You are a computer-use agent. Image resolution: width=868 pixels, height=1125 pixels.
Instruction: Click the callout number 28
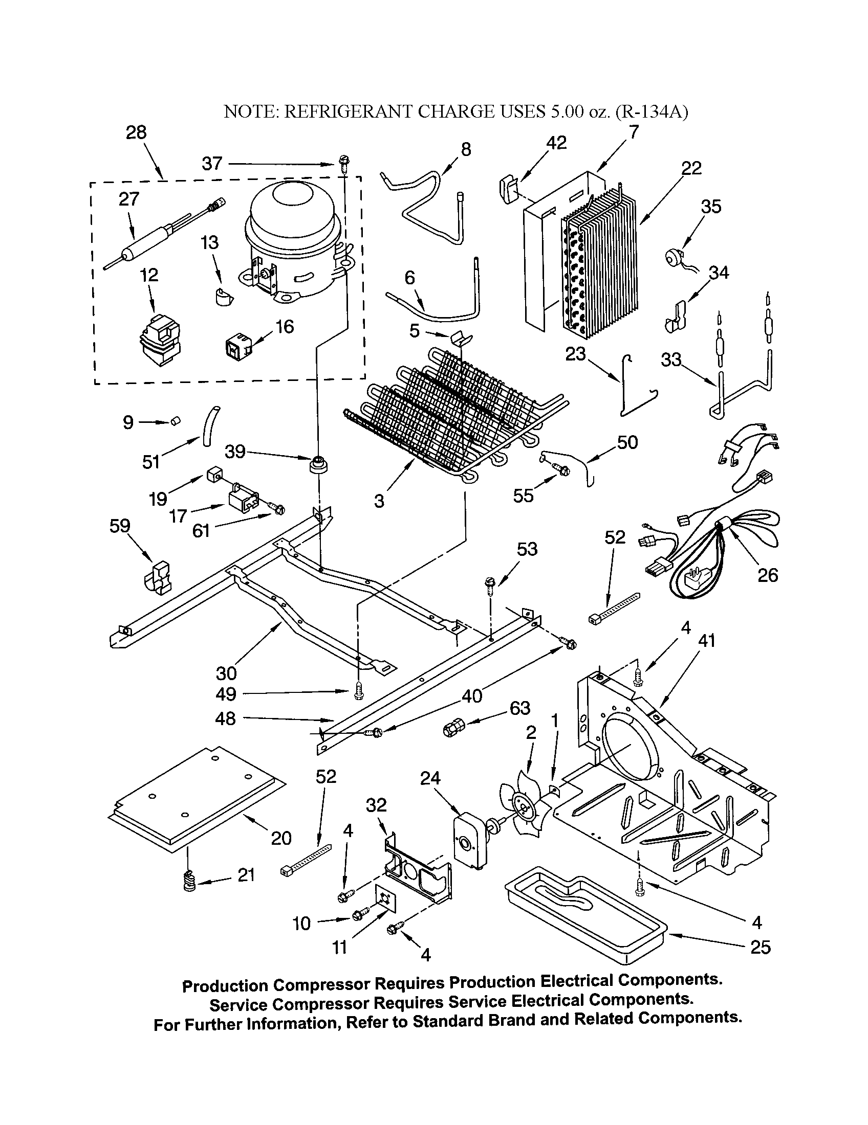click(136, 132)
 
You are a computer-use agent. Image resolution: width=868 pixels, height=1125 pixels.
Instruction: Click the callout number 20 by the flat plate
click(281, 838)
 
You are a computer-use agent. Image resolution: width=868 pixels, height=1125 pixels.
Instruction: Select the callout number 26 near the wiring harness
click(767, 575)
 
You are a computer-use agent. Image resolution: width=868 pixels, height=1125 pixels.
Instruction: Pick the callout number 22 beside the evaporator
click(691, 168)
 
